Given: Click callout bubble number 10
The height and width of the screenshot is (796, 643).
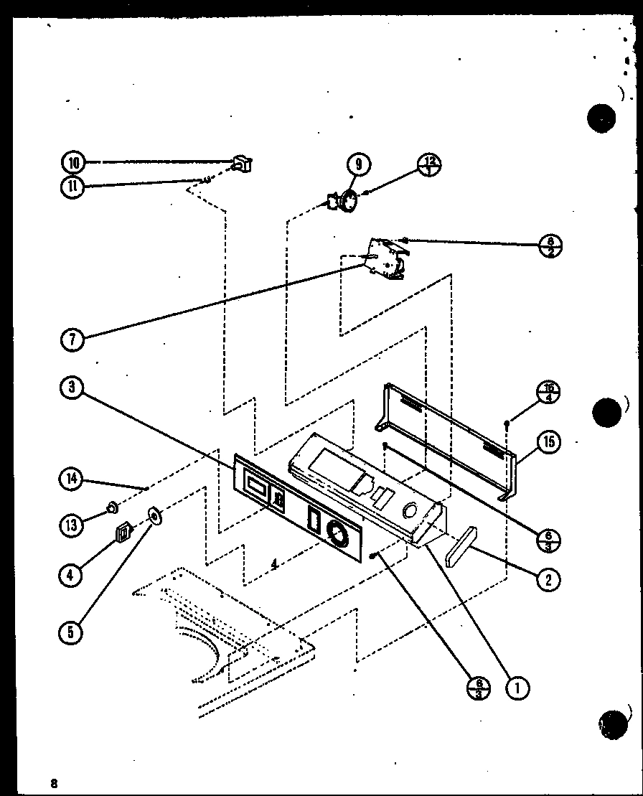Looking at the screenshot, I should click(73, 162).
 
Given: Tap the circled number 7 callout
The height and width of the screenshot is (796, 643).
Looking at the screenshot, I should click(72, 339).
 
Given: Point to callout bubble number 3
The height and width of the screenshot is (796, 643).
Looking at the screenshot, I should click(72, 388).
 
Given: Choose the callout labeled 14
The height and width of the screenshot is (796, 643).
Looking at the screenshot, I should click(72, 479).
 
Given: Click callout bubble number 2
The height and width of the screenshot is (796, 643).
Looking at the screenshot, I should click(548, 579).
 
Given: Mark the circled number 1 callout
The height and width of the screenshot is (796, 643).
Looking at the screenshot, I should click(516, 688).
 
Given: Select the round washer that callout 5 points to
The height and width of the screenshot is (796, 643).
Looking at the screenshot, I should click(154, 515).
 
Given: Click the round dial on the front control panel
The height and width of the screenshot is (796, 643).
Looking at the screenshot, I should click(334, 532).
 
